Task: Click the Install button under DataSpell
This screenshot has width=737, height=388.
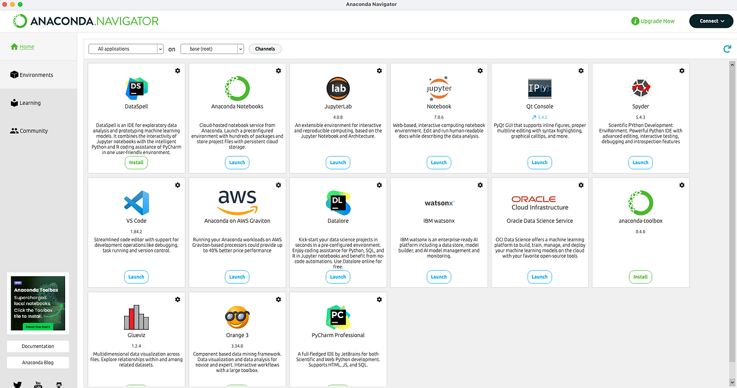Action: pyautogui.click(x=136, y=163)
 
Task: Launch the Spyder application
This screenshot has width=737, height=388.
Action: pyautogui.click(x=640, y=163)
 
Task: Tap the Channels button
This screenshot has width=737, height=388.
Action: pyautogui.click(x=265, y=49)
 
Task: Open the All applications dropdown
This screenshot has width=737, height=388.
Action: pyautogui.click(x=126, y=49)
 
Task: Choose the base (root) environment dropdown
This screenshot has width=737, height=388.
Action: pyautogui.click(x=212, y=49)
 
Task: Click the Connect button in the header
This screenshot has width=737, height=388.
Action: pyautogui.click(x=711, y=21)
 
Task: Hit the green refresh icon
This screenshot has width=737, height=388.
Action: pyautogui.click(x=727, y=49)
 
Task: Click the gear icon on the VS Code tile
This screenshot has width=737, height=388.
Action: pyautogui.click(x=177, y=185)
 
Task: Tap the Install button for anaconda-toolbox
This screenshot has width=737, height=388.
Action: pyautogui.click(x=640, y=277)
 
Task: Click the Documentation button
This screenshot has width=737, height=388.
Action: pyautogui.click(x=37, y=346)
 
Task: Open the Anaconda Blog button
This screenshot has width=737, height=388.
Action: pyautogui.click(x=37, y=362)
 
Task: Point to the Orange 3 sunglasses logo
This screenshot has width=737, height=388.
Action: pyautogui.click(x=237, y=317)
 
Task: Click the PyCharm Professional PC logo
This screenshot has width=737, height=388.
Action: pyautogui.click(x=338, y=317)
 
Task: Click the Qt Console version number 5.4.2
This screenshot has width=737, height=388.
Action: pyautogui.click(x=542, y=117)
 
